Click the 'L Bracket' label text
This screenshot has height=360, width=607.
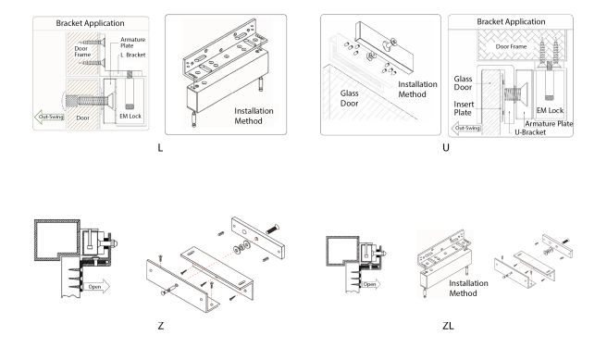(133, 55)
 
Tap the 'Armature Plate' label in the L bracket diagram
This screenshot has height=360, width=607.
(133, 43)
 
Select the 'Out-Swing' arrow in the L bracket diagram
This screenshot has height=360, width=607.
(49, 117)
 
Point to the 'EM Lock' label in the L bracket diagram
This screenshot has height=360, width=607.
(130, 116)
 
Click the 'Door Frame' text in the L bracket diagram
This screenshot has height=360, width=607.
(82, 52)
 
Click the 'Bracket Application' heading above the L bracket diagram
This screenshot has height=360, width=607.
(90, 23)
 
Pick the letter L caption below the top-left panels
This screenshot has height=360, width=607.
(160, 148)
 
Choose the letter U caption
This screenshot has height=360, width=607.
(446, 148)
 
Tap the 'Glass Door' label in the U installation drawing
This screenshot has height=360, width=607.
(349, 98)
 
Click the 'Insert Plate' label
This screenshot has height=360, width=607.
(464, 108)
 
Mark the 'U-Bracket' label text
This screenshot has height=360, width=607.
(530, 132)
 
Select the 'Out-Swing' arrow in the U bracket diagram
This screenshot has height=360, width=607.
(466, 128)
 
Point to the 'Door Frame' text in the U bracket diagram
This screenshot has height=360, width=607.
(511, 46)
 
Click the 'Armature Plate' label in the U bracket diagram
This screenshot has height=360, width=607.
(549, 124)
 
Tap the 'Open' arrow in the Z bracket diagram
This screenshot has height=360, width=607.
(97, 287)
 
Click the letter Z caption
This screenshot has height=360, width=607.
(161, 326)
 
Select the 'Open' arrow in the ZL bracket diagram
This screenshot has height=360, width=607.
(371, 284)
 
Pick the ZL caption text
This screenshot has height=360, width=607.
(448, 326)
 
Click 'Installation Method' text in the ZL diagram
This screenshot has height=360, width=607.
(468, 289)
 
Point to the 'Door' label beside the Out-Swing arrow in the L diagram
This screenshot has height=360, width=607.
(83, 118)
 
